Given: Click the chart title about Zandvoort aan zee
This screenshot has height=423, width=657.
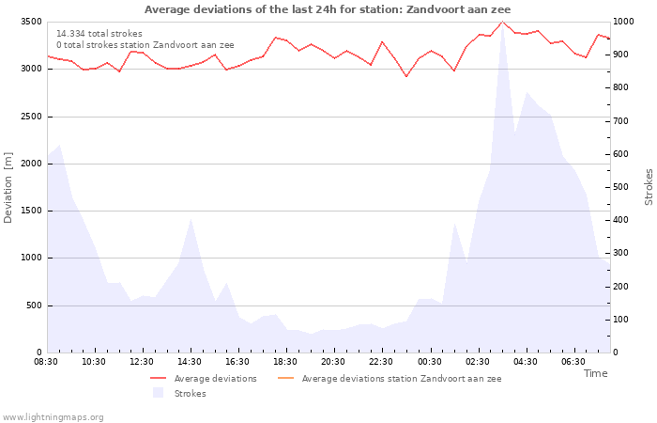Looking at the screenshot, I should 328,9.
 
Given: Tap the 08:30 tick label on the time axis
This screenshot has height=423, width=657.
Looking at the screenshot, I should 46,361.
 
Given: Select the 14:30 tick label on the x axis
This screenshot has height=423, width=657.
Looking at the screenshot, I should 190,361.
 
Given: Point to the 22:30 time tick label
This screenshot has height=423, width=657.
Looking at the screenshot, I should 381,361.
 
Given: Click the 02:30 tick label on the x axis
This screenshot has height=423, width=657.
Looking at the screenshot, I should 477,361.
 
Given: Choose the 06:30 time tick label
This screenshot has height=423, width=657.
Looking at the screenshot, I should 573,361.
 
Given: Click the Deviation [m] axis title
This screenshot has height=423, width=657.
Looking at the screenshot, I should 8,187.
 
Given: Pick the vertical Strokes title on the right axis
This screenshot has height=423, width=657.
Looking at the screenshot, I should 649,187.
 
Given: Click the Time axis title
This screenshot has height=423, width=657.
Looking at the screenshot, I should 595,373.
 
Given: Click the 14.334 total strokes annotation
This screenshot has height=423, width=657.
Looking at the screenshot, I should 99,34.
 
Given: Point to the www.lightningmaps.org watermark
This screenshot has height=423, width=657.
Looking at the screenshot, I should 53,416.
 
